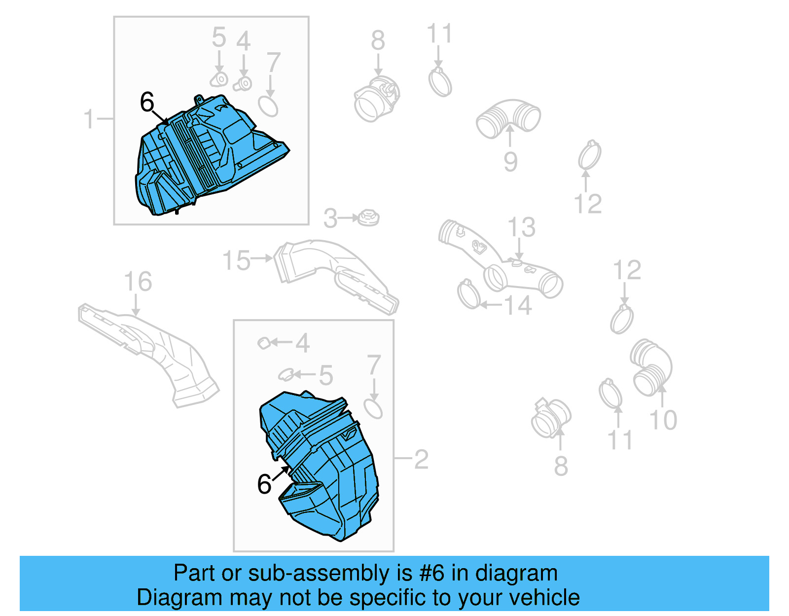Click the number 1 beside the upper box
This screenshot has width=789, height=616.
click(x=89, y=119)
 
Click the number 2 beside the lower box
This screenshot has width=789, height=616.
click(x=421, y=459)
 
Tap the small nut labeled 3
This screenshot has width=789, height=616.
click(x=369, y=217)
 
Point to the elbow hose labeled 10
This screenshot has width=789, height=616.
click(x=651, y=367)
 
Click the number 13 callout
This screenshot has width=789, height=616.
click(x=521, y=227)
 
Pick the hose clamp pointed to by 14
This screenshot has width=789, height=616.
click(x=469, y=294)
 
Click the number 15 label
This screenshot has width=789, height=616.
click(x=236, y=260)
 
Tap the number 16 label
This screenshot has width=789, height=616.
click(x=138, y=282)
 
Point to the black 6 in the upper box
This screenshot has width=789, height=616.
click(x=147, y=102)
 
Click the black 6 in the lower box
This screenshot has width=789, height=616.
click(x=264, y=484)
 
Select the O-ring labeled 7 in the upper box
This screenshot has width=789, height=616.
click(x=268, y=106)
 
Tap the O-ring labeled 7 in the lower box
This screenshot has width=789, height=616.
click(x=373, y=409)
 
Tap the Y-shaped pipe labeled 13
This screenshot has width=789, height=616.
click(x=498, y=261)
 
